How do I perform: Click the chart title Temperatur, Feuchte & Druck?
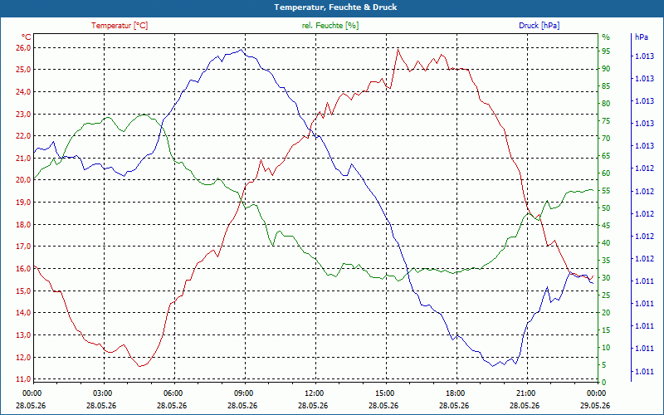point(335,7)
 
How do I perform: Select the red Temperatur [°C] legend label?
point(120,26)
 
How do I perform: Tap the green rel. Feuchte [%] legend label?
point(330,26)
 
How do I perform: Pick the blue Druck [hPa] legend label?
point(539,26)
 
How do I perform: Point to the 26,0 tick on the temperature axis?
point(23,48)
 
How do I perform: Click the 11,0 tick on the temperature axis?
point(23,379)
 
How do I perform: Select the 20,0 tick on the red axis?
point(23,180)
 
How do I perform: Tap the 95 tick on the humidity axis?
point(606,51)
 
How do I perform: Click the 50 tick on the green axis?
point(606,208)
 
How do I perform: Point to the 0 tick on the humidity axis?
point(604,383)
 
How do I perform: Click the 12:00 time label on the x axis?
point(315,393)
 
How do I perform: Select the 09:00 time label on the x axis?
point(244,393)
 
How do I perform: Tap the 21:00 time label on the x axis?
point(526,393)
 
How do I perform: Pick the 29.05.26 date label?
point(595,405)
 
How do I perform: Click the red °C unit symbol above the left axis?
point(27,37)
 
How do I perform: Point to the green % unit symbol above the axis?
point(606,37)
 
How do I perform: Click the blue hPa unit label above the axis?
point(642,37)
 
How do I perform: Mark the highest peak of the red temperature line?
point(398,50)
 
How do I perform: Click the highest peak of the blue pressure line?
point(241,50)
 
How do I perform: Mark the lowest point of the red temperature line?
point(139,366)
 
